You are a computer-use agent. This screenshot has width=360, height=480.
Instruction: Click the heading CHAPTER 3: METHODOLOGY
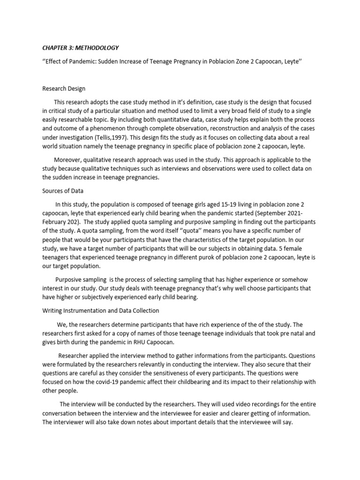point(80,48)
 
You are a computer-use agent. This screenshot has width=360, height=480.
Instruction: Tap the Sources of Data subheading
point(64,191)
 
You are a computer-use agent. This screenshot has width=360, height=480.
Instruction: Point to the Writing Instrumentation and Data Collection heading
point(101,310)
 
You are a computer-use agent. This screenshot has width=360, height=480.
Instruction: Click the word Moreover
point(69,159)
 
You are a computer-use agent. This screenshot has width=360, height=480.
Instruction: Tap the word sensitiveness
point(198,373)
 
